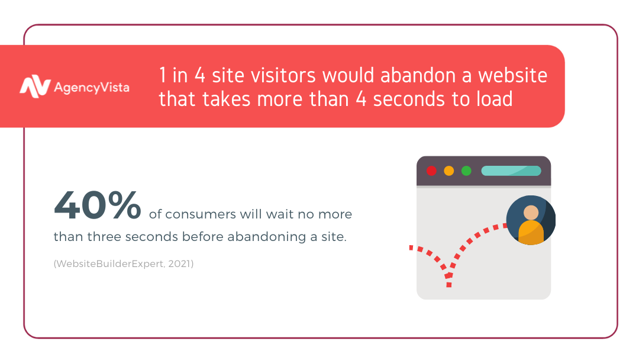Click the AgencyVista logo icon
(35, 86)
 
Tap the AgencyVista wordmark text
(92, 88)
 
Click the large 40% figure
(98, 205)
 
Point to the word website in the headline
(512, 75)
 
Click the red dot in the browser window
(431, 171)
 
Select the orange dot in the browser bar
(448, 171)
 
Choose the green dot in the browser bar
(466, 171)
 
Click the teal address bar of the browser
(511, 171)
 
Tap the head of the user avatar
(531, 213)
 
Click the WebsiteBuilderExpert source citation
(124, 263)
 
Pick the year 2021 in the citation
(179, 263)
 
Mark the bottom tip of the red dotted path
(448, 285)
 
